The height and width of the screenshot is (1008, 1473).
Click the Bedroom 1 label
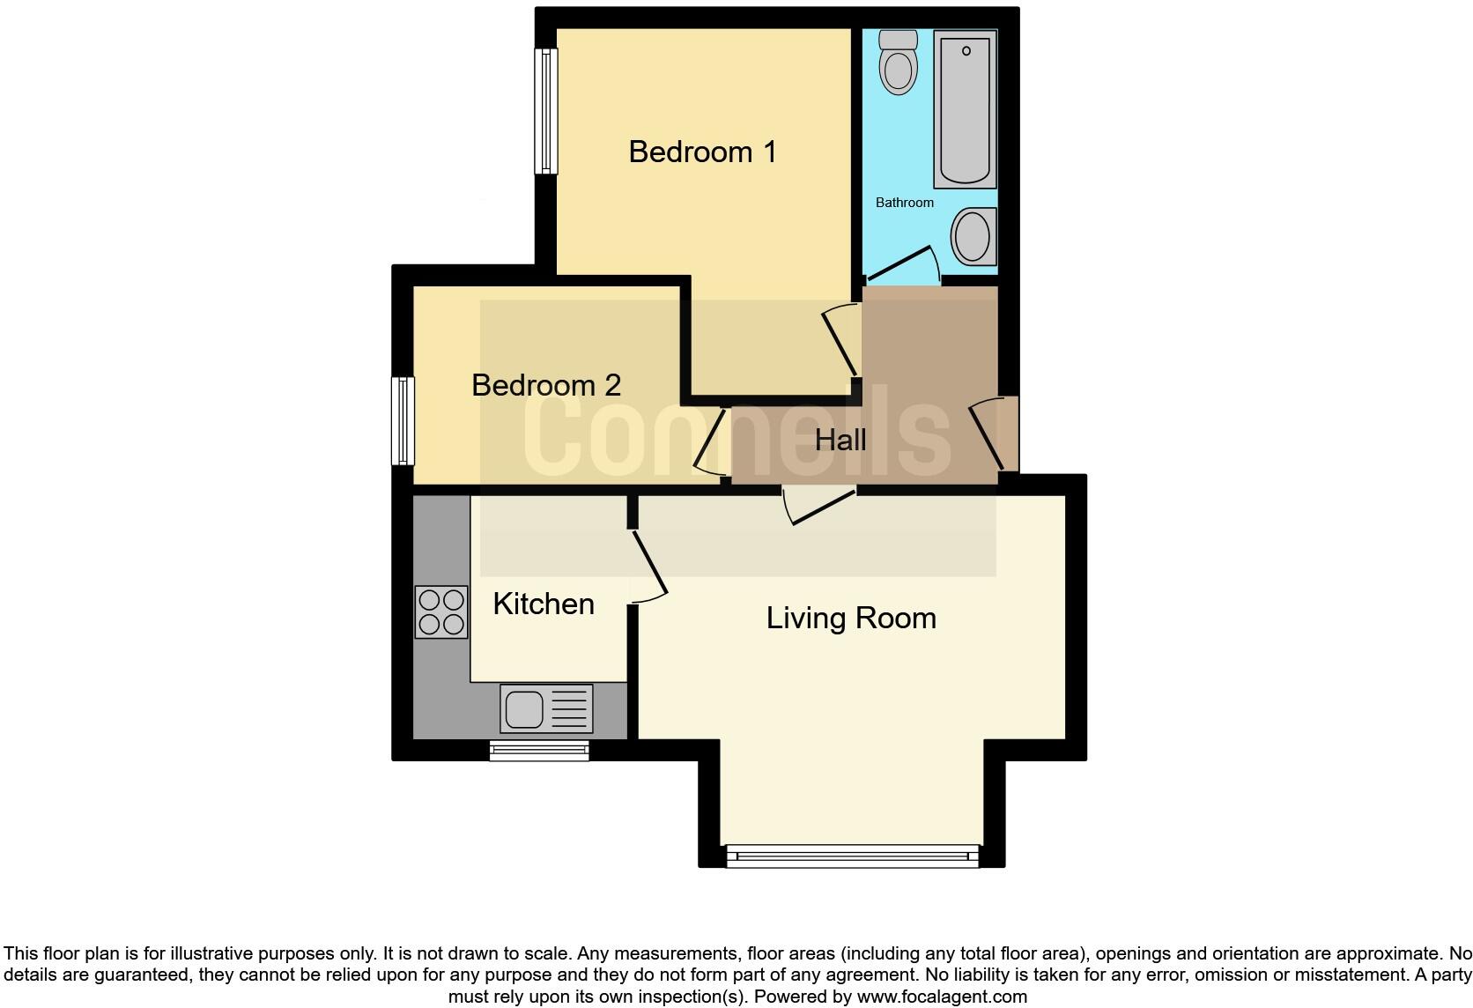tap(702, 152)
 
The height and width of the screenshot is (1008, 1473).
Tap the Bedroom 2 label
tap(546, 385)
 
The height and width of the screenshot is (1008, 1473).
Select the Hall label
tap(840, 440)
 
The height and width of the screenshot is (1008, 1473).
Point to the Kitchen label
tap(544, 604)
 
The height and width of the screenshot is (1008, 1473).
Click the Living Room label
tap(851, 618)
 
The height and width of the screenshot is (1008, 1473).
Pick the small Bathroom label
tap(904, 203)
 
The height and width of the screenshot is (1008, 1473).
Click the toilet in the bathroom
tap(899, 62)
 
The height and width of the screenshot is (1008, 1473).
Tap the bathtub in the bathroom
tap(965, 108)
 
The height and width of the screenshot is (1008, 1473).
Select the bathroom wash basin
tap(973, 236)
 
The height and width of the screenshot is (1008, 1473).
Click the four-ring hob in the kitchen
tap(441, 611)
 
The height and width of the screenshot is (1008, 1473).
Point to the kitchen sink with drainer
tap(546, 708)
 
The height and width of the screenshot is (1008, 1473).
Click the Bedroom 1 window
tap(547, 111)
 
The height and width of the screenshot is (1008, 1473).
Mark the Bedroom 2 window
tap(403, 420)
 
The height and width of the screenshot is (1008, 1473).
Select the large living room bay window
tap(852, 856)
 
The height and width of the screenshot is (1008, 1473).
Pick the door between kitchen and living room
tap(647, 565)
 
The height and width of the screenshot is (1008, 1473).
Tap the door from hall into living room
tap(819, 507)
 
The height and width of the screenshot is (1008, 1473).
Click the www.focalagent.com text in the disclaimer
tap(942, 997)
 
